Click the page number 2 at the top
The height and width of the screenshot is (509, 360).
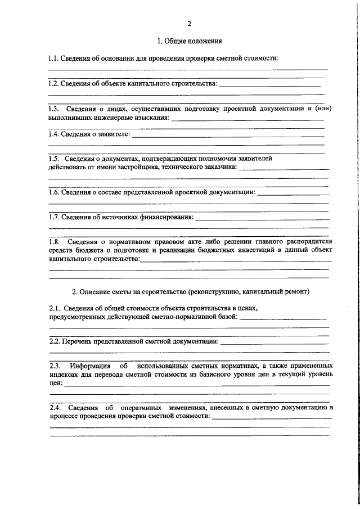[190, 23]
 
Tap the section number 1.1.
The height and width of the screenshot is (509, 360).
[53, 59]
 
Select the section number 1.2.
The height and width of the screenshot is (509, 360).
[53, 84]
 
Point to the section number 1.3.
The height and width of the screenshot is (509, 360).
[54, 109]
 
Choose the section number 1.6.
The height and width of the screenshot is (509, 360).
[53, 192]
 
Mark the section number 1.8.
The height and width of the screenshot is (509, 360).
[55, 241]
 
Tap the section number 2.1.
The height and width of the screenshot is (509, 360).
[54, 308]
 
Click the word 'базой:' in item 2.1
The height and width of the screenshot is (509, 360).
[229, 317]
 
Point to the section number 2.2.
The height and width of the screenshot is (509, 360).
[54, 341]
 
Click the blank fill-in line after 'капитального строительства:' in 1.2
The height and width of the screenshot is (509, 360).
[270, 85]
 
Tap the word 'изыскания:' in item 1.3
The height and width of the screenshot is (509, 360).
[152, 117]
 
